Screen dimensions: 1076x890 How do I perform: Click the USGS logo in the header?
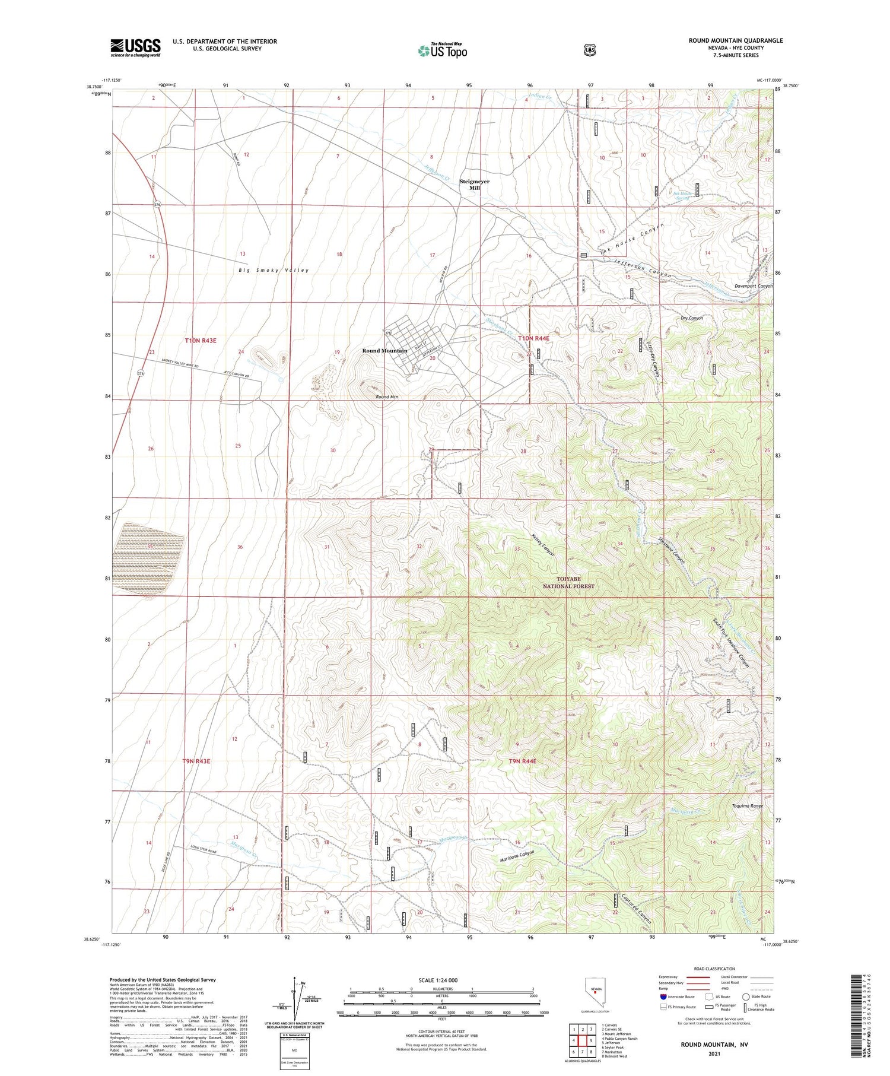(x=135, y=47)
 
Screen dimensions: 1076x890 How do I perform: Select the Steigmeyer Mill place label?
(x=474, y=185)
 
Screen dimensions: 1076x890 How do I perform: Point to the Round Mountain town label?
(x=384, y=351)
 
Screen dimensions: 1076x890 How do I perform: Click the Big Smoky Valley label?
(x=274, y=271)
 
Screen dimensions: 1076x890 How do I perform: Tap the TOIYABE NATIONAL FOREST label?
(x=568, y=582)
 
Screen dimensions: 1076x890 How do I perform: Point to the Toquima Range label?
(x=747, y=806)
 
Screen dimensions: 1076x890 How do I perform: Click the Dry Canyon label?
(x=691, y=318)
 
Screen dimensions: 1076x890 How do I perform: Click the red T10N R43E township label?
(x=200, y=341)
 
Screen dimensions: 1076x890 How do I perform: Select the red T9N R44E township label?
(x=522, y=761)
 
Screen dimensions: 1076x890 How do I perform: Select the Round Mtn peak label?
(x=386, y=397)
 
